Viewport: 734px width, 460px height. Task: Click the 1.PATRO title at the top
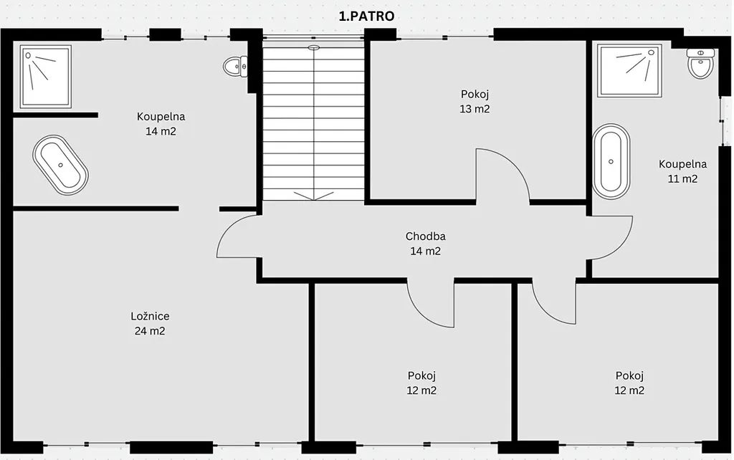coord(366,16)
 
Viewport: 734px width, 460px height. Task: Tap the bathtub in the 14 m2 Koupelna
coord(60,166)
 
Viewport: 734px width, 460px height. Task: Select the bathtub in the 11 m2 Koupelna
coord(611,161)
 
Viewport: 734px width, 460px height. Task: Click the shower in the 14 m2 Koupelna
coord(45,76)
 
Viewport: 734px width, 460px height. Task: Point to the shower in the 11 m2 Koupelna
coord(629,71)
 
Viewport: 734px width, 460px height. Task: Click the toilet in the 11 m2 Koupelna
coord(700,63)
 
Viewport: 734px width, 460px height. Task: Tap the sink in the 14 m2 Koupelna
coord(235,67)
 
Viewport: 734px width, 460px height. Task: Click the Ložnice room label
coord(150,316)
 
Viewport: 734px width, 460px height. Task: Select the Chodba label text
coord(426,236)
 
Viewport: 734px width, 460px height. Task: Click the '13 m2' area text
coord(475,109)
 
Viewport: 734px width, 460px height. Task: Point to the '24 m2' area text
coord(150,331)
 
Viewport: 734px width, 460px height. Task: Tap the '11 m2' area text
coord(682,178)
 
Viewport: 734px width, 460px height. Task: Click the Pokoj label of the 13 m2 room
coord(475,95)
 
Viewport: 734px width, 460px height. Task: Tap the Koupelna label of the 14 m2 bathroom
coord(161,117)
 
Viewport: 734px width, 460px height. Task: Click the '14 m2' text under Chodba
coord(426,251)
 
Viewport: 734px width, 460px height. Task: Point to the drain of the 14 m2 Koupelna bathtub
coord(60,166)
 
